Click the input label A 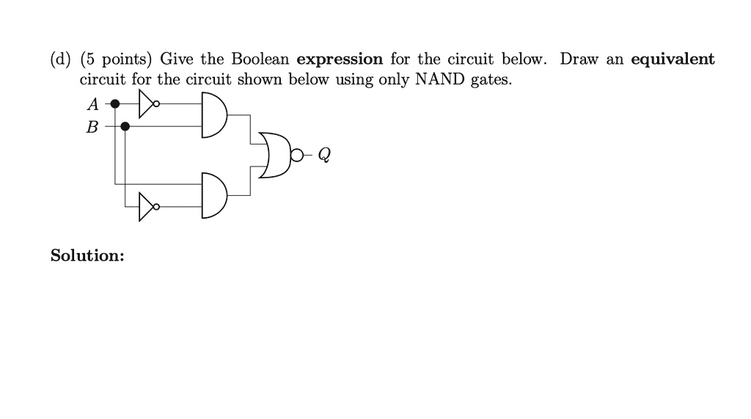[93, 104]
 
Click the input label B [92, 127]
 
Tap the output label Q [324, 155]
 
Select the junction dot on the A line [115, 103]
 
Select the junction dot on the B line [125, 126]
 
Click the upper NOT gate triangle [146, 103]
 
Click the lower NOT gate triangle [146, 207]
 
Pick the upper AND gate [213, 115]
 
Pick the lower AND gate [213, 196]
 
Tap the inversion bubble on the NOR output [297, 156]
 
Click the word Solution [87, 255]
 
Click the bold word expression [340, 59]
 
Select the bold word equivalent [673, 59]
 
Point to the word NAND [440, 79]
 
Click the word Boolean [260, 59]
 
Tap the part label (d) [60, 59]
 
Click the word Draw [579, 59]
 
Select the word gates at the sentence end [491, 80]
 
